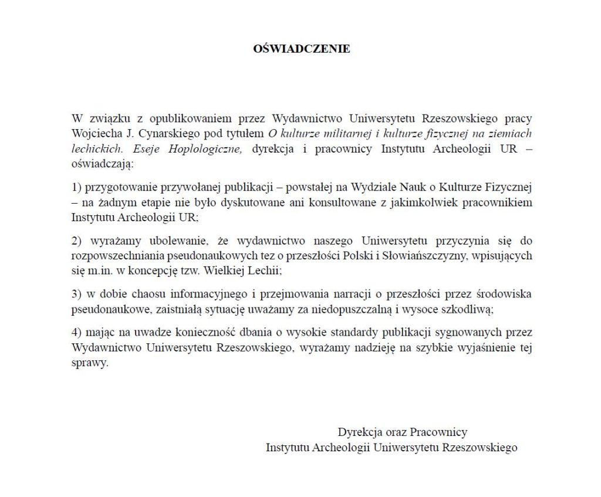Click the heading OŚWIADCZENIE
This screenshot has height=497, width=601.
point(301,49)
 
